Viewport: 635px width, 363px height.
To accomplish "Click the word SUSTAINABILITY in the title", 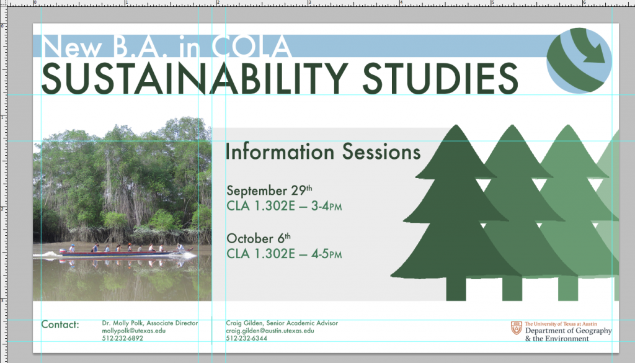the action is coord(195,78).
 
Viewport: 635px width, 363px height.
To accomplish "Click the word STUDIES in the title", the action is coord(440,78).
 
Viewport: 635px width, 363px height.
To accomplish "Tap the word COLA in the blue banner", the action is coord(251,46).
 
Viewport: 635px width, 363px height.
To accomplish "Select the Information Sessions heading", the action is coord(322,152).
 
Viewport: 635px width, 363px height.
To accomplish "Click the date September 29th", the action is coord(269,190).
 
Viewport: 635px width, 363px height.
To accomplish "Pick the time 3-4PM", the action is coord(326,206).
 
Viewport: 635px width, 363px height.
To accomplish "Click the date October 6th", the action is coord(259,238).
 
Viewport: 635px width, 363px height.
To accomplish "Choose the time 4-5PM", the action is coord(326,254).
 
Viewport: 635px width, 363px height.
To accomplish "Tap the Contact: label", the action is coord(60,325).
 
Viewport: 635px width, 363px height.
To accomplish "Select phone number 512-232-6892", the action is coord(122,338).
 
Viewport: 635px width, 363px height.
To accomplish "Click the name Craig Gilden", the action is coord(244,323).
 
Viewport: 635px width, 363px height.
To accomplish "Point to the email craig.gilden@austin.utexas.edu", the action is coord(270,331).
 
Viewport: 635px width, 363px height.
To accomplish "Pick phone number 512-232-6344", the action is coord(246,338).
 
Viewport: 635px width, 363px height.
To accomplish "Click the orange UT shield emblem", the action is coord(517,328).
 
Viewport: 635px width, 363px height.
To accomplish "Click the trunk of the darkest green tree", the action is coord(456,289).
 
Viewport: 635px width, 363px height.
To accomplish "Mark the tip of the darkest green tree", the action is coord(456,125).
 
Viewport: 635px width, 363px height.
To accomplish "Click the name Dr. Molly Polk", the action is coord(122,323).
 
